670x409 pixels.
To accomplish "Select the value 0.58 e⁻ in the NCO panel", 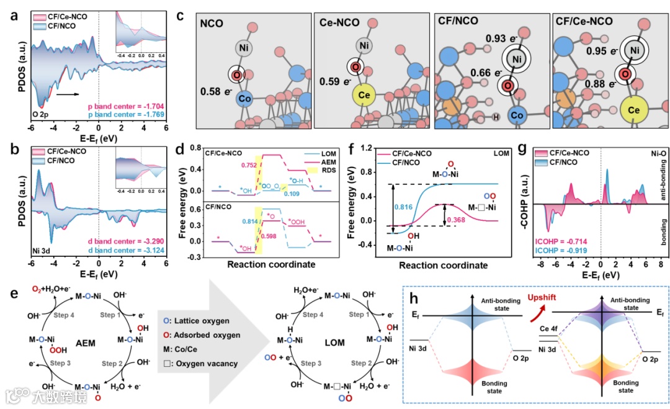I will pos(216,92).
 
